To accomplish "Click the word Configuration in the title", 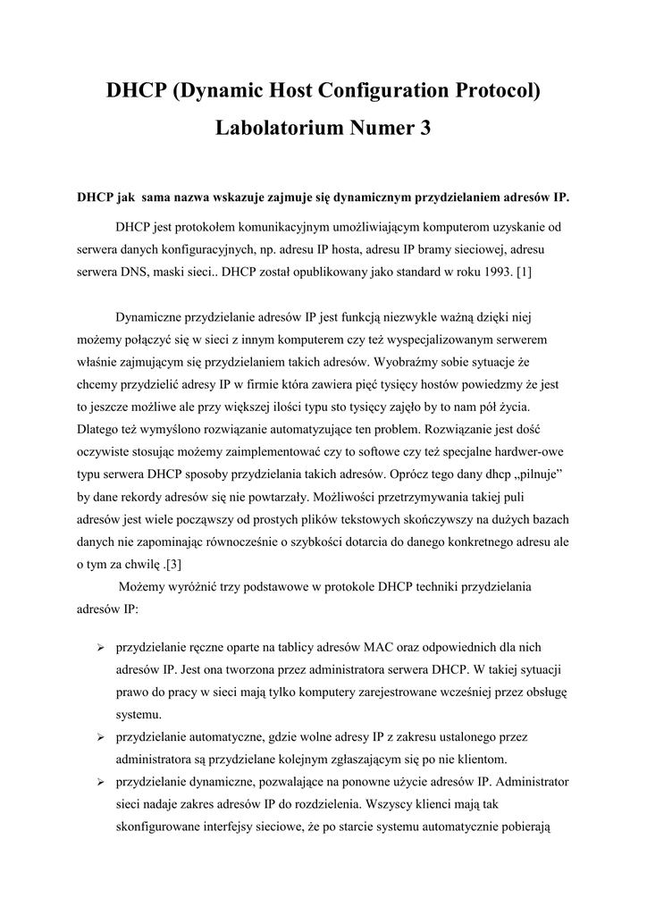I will click(374, 90).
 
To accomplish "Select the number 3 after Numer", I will click(424, 129).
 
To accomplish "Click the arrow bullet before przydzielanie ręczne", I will click(101, 646).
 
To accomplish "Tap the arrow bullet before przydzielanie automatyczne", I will click(101, 736).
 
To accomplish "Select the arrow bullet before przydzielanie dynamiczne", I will click(101, 782).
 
